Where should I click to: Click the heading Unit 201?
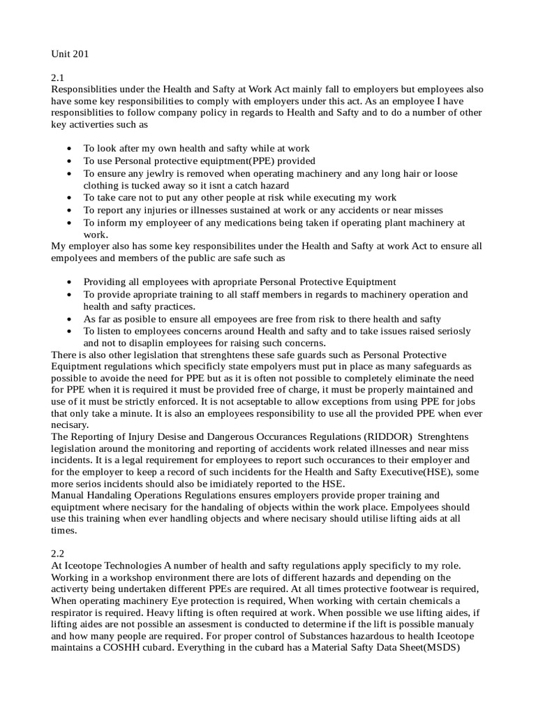(x=70, y=53)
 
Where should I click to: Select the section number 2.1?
(x=58, y=78)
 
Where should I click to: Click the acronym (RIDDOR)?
(x=373, y=436)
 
